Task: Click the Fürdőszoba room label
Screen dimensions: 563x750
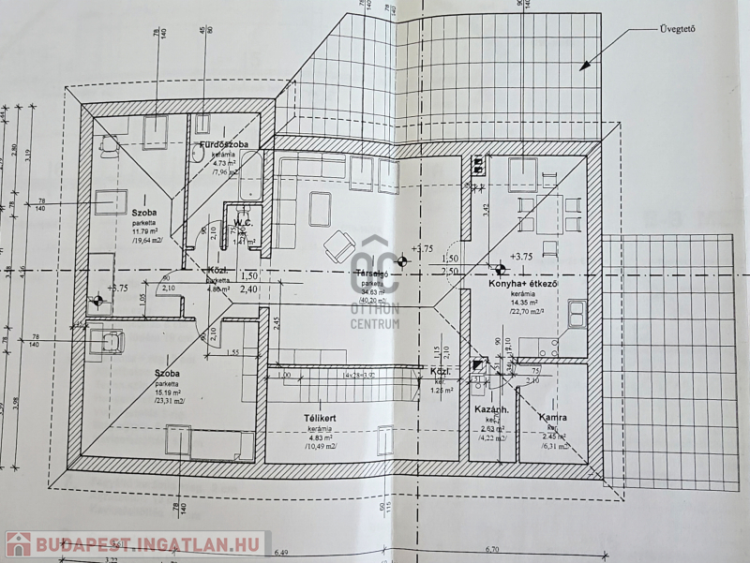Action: point(222,145)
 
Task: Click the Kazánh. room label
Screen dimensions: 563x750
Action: point(492,410)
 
